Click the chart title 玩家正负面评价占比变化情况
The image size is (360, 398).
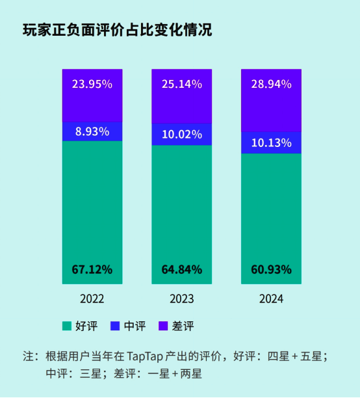tap(118, 31)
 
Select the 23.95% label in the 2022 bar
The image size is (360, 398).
tap(92, 84)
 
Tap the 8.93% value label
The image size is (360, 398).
tap(92, 131)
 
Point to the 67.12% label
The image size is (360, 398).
tap(92, 269)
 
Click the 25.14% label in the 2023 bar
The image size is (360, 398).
tap(181, 84)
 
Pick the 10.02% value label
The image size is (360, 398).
tap(181, 135)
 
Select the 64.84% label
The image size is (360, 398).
tap(181, 269)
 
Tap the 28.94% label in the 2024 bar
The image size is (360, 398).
tap(271, 84)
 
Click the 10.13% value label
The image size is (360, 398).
tap(271, 142)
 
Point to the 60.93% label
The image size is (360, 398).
tap(271, 269)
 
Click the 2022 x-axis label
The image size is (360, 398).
tap(92, 299)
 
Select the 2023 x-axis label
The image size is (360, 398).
tap(181, 299)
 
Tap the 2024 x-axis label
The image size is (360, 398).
tap(271, 299)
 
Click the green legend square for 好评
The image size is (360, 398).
tap(66, 325)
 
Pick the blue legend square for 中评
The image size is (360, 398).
tap(114, 325)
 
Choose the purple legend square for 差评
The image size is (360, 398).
tap(162, 325)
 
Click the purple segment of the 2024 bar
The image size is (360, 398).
tap(271, 111)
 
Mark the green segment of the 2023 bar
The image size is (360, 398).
tap(181, 208)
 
